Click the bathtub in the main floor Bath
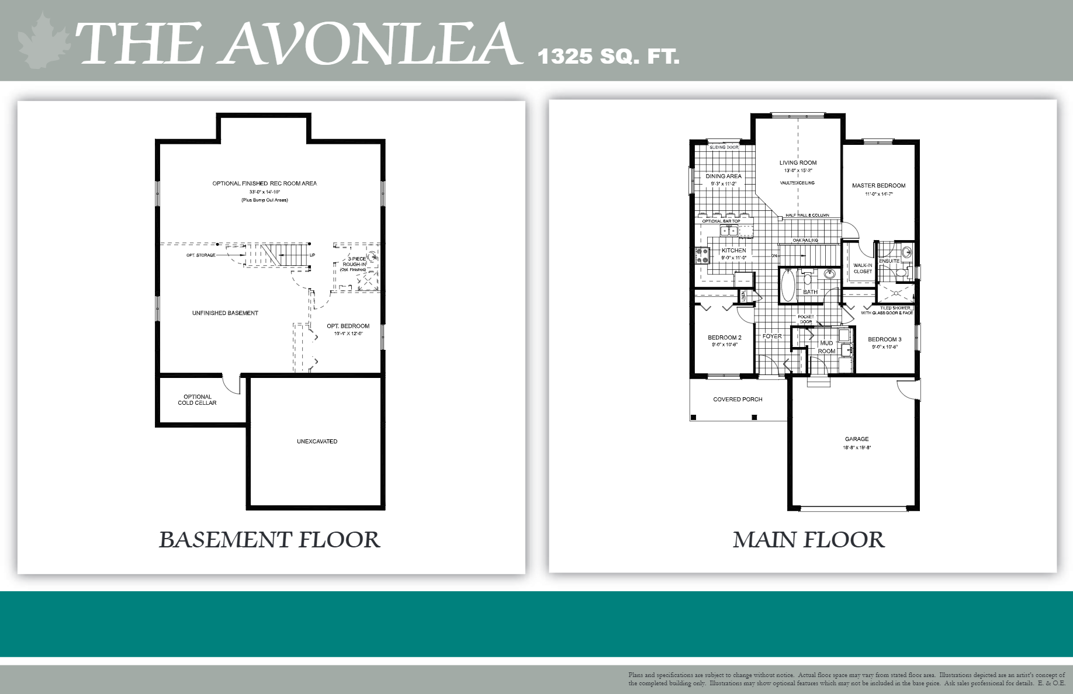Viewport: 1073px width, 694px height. pyautogui.click(x=787, y=286)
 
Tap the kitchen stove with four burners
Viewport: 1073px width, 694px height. pyautogui.click(x=702, y=256)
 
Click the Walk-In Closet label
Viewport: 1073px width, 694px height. pyautogui.click(x=863, y=268)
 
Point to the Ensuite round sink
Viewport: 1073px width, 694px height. pyautogui.click(x=906, y=252)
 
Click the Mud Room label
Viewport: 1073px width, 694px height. pyautogui.click(x=826, y=347)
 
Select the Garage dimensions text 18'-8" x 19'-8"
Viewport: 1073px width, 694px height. pyautogui.click(x=857, y=448)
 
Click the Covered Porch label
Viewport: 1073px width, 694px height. pyautogui.click(x=738, y=400)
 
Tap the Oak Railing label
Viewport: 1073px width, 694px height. pyautogui.click(x=805, y=240)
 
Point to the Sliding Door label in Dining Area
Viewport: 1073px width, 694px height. pyautogui.click(x=724, y=147)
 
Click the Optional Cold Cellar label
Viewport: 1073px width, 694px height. pyautogui.click(x=197, y=400)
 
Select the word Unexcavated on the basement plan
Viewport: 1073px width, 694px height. pyautogui.click(x=317, y=442)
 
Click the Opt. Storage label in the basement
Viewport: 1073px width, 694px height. pyautogui.click(x=201, y=255)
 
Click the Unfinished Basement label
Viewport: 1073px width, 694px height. pyautogui.click(x=225, y=313)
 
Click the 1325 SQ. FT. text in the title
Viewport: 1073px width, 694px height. pyautogui.click(x=608, y=57)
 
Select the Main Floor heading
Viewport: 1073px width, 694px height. pyautogui.click(x=808, y=540)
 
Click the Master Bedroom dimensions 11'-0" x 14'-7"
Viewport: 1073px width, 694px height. pyautogui.click(x=879, y=194)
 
